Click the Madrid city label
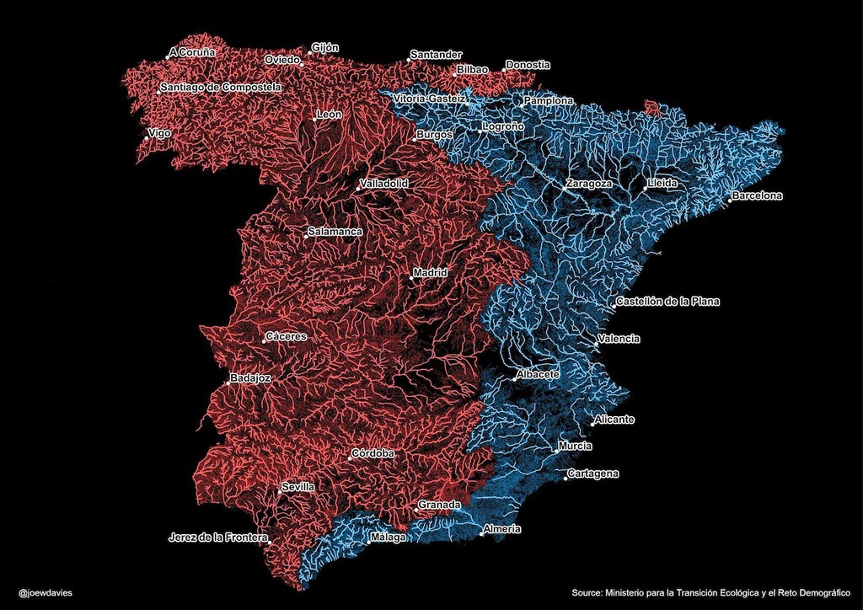pos(430,272)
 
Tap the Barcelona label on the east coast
pos(758,195)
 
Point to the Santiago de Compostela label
pos(221,87)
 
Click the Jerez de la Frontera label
pos(218,537)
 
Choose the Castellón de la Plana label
pos(667,301)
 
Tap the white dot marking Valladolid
pos(356,190)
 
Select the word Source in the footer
pos(587,592)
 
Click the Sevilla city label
pos(298,487)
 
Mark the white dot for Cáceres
pos(263,341)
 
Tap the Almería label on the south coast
pos(502,529)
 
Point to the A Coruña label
pos(193,52)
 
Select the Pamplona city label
pos(549,100)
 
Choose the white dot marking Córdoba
pos(350,459)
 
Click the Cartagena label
pos(593,474)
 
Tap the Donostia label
pos(528,65)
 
